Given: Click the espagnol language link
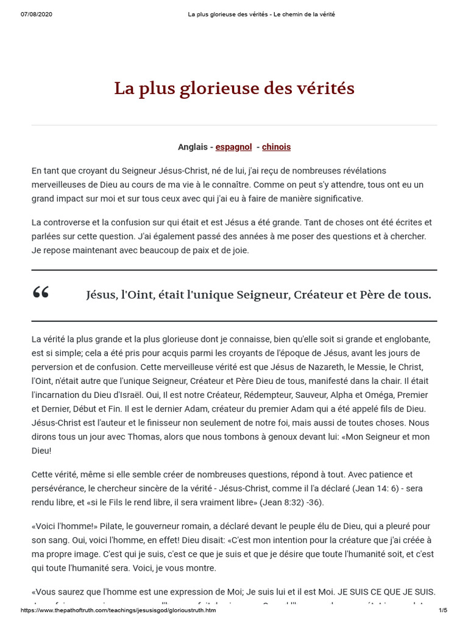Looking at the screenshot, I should pos(233,147).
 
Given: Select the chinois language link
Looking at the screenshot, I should pos(276,147).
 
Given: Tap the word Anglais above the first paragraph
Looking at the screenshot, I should pos(193,147).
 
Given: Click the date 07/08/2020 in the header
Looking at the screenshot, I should pos(36,14).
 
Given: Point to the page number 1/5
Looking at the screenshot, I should pos(443,610).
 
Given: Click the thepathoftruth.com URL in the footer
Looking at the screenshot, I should pos(118,610).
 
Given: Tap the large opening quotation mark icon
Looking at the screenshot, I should pos(41,294).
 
